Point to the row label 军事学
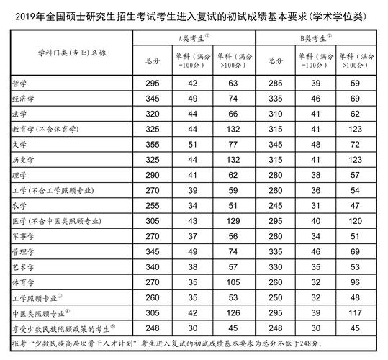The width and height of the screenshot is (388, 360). tap(25, 235)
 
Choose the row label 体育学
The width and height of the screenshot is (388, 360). tap(25, 281)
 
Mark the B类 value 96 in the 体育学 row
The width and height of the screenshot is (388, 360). tap(355, 281)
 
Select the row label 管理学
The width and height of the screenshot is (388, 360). tap(25, 251)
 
